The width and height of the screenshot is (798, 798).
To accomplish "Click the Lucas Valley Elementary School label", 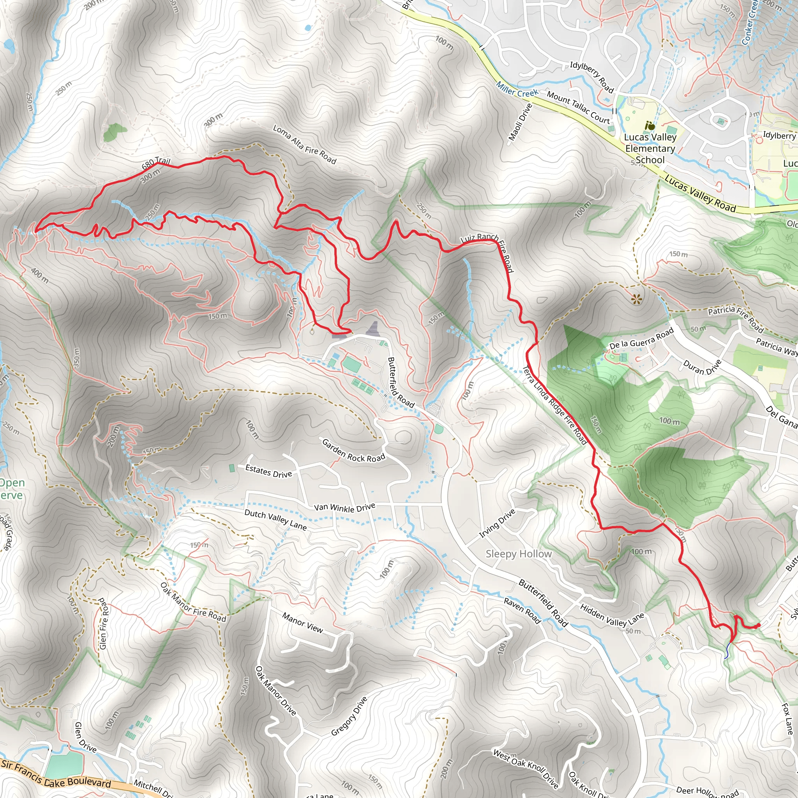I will tap(650, 148).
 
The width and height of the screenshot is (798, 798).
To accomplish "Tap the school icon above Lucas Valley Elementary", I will tap(651, 125).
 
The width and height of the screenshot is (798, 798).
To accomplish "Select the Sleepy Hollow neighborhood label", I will tap(518, 554).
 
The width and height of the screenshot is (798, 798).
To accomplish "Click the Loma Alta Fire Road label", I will tap(304, 145).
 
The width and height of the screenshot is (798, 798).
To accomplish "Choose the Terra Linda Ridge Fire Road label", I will tap(555, 404).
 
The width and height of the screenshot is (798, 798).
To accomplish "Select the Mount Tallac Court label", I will tap(578, 108).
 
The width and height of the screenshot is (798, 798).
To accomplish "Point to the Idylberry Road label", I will tap(591, 77).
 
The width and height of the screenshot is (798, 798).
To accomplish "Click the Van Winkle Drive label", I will tap(344, 507).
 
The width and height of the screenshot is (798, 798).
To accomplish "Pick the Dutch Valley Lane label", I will tap(275, 520).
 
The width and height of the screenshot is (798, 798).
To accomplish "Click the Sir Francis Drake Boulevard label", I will tap(56, 773).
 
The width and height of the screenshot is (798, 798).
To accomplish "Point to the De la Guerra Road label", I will tap(641, 338).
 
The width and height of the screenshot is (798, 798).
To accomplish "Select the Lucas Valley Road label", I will tap(700, 194).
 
